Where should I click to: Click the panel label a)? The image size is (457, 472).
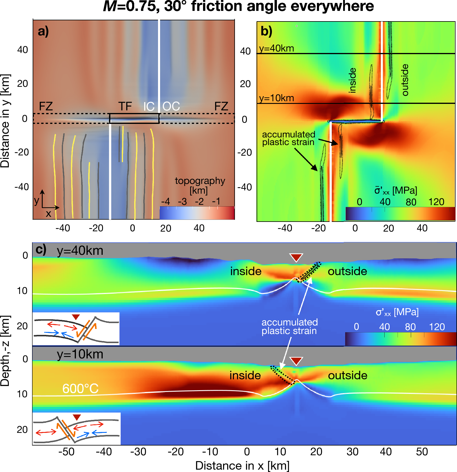43,31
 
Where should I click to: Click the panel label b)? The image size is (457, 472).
266,31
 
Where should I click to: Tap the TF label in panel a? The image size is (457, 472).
125,106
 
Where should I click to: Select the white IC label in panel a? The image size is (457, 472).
149,107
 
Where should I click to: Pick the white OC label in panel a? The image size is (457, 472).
171,106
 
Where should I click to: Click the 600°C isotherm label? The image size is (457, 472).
80,389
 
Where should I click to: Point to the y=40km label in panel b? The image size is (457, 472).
277,48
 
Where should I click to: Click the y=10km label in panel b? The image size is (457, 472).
277,98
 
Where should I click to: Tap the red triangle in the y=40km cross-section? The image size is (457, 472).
296,257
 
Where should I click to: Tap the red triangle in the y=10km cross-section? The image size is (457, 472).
296,361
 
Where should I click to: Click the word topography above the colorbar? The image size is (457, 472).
200,181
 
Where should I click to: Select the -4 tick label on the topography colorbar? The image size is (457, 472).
165,202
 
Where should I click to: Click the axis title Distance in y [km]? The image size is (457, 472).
5,121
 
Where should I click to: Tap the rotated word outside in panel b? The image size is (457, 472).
405,80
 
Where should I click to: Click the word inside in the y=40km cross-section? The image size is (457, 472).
246,271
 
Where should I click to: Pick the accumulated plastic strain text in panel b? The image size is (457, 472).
288,138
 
